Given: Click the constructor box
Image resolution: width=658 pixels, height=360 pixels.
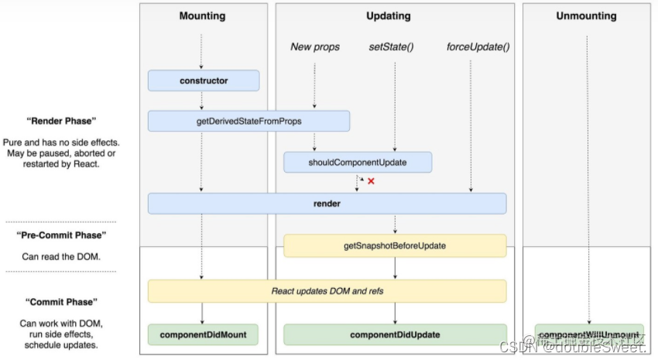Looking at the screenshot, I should [204, 80].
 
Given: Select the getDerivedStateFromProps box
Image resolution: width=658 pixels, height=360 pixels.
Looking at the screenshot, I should [248, 121].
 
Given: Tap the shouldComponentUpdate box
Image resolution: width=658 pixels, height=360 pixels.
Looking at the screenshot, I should [357, 162].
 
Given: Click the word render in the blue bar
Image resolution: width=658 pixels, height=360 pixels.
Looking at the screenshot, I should [326, 204].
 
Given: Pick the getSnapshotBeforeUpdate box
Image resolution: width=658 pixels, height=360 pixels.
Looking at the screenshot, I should [395, 245].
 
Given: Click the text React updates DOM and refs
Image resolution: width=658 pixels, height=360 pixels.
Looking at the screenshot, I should [326, 291].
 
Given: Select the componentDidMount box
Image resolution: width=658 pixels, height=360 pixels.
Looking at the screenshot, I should [203, 334].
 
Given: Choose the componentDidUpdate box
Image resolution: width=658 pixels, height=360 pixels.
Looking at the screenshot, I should [395, 334].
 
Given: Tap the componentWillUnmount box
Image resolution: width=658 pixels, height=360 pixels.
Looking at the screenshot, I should [589, 334].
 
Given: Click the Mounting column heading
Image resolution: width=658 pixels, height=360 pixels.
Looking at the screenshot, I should [202, 15].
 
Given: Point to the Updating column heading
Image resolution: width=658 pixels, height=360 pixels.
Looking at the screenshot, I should [388, 15].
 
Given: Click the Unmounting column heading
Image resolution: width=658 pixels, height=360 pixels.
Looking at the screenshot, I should [586, 15].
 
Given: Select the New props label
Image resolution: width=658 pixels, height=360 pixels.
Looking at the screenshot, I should [315, 47].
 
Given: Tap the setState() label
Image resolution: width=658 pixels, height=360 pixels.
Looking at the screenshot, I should [391, 47].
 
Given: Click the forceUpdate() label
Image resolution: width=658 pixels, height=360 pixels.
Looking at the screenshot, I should [478, 47].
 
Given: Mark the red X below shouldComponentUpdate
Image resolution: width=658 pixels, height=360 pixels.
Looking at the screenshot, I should [371, 181].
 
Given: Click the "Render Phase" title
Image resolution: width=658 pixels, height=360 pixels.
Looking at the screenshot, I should [61, 121].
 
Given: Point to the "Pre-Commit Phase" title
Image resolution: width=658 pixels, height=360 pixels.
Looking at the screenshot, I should [61, 235].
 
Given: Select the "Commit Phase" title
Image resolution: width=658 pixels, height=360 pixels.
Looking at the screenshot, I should [61, 302].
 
